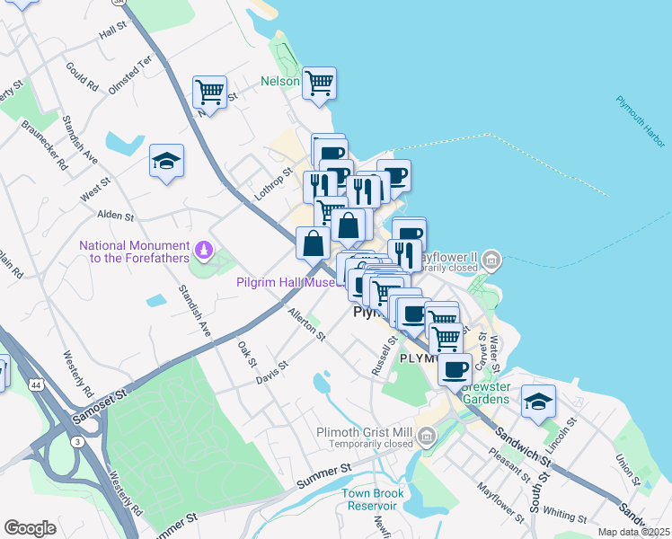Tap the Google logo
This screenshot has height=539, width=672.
(31, 528)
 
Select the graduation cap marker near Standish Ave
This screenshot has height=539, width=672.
(166, 161)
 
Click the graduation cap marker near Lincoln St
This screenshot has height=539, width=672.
(538, 400)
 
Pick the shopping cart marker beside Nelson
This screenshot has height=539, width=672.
(320, 84)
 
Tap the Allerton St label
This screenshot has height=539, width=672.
(306, 323)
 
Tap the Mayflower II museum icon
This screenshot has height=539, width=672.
(491, 261)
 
